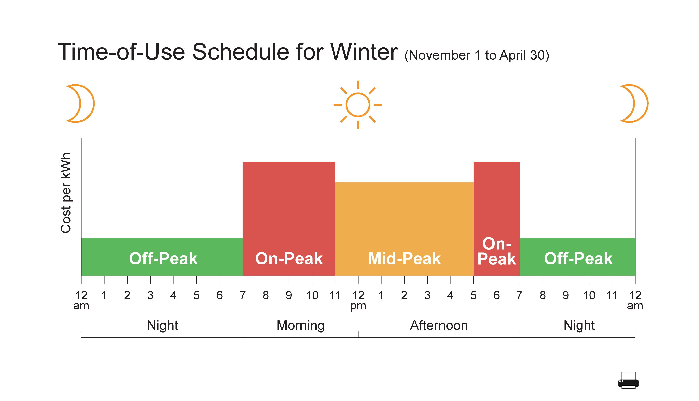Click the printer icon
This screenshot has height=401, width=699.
coord(628,380)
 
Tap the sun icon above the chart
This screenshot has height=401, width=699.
coord(358,105)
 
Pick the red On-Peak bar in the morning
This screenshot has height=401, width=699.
coord(289,219)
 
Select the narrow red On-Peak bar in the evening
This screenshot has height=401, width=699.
coord(497,219)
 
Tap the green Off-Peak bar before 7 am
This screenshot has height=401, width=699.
coord(162,257)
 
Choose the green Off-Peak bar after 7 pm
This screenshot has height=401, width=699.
coord(577,257)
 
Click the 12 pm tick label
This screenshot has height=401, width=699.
coord(358,300)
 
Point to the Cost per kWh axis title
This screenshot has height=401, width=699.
coord(66,193)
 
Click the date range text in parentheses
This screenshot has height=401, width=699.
coord(477,55)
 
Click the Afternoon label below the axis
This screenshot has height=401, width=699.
coord(439,325)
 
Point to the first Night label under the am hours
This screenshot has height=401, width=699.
coord(162,325)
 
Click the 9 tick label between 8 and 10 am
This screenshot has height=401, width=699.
coord(289,295)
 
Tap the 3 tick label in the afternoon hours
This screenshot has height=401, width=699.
coord(427,295)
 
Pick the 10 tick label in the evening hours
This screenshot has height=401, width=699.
coord(589,295)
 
